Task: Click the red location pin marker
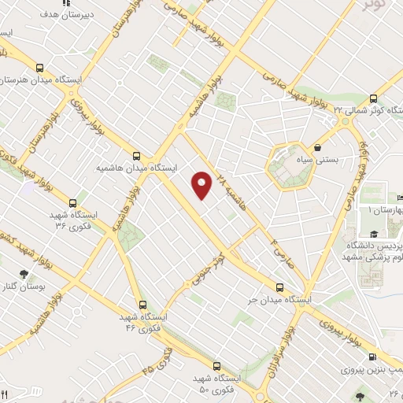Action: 202,184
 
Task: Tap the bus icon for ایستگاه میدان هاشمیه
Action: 137,156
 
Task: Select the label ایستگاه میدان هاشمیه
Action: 137,168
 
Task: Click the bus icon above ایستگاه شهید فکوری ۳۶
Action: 73,201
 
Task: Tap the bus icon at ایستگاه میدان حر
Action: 281,287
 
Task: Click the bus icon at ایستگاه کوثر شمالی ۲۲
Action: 372,98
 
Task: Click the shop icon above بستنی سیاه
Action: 317,147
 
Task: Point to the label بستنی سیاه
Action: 320,160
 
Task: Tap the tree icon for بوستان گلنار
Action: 24,274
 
